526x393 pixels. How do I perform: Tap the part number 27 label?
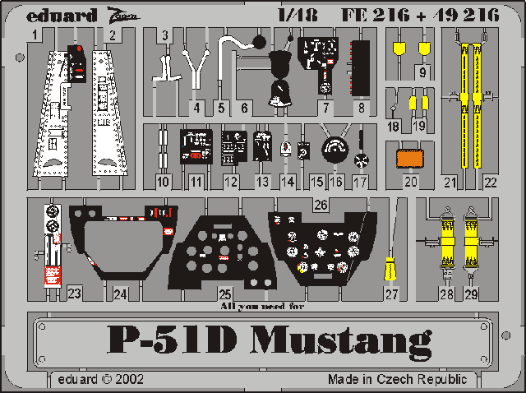(x=391, y=294)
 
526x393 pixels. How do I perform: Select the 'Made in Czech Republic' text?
(x=397, y=380)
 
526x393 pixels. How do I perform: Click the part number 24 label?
(x=121, y=293)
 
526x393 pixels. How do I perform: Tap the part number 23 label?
(x=75, y=293)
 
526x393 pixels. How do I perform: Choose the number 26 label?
(x=320, y=203)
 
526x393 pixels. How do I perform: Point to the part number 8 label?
(x=358, y=107)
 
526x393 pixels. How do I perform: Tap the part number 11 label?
(x=196, y=181)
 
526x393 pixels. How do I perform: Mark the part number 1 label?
(x=36, y=35)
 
